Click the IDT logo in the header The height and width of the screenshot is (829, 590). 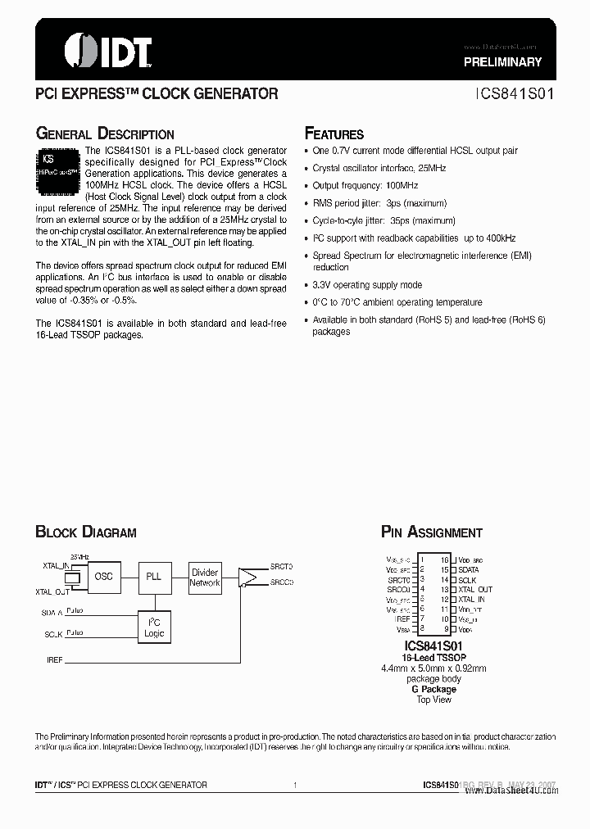107,51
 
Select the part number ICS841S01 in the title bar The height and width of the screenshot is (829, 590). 515,93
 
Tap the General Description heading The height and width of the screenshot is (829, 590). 104,134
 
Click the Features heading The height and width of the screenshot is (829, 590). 334,134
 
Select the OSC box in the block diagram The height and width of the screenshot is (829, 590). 103,577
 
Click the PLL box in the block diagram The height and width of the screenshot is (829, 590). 153,577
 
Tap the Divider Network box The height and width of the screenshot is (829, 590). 205,577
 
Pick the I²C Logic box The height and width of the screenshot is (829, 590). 153,628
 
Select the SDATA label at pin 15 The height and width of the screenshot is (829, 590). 469,569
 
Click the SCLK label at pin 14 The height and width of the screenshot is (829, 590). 467,579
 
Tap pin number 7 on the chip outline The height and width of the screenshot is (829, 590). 421,619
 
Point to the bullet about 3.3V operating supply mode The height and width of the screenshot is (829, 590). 367,285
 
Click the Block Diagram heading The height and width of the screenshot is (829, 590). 85,532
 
